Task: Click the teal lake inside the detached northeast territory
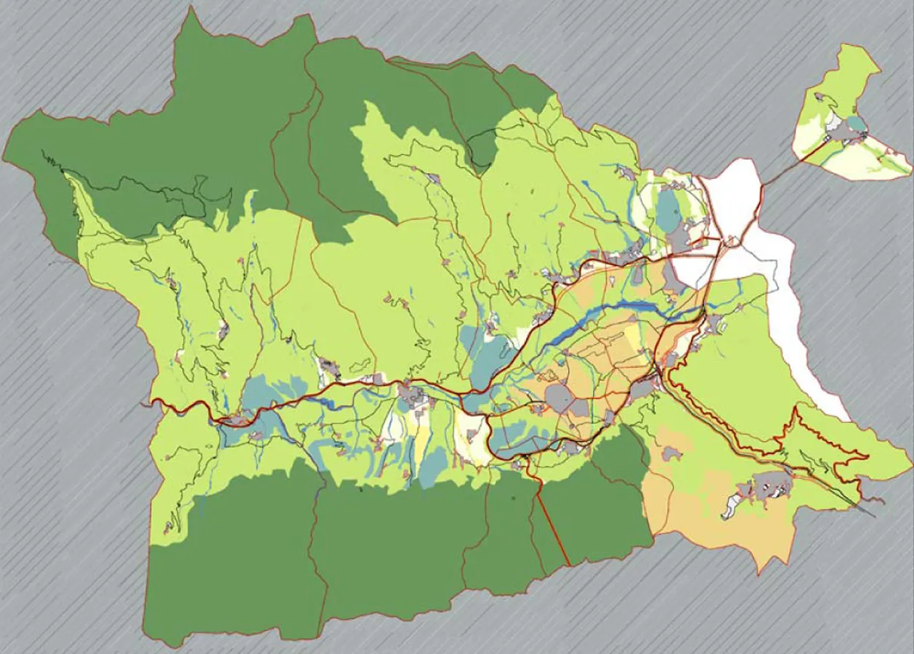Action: [x=858, y=124]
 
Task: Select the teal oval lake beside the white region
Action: [x=668, y=208]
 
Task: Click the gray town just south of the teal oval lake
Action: [x=679, y=238]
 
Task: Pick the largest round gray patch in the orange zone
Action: [x=559, y=398]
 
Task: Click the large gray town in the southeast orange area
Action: [x=767, y=483]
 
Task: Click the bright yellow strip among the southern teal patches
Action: [x=422, y=443]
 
